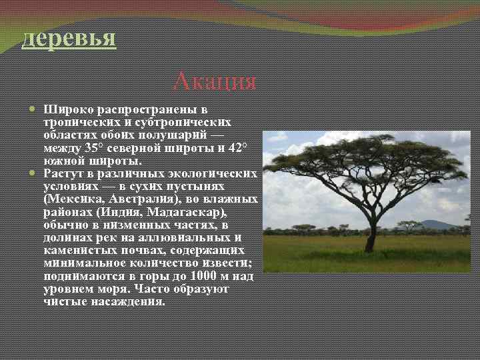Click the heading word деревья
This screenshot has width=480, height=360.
click(69, 37)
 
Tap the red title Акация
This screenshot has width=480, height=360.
click(214, 81)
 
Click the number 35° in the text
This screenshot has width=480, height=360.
click(96, 147)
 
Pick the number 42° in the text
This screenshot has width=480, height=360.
click(238, 147)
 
